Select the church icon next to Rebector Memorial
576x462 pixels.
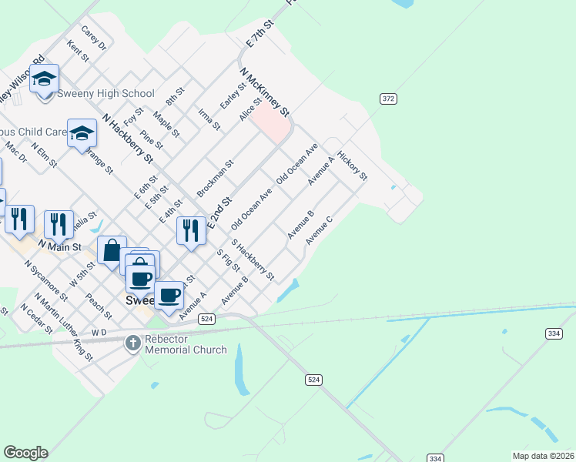tap(133, 342)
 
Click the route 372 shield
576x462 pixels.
tap(388, 99)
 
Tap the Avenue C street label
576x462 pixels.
tap(319, 230)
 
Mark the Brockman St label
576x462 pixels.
tap(215, 177)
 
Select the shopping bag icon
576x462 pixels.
tap(112, 250)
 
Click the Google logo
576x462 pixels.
tap(25, 453)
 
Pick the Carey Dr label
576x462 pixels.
tap(93, 39)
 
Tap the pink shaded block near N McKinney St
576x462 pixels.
tap(272, 121)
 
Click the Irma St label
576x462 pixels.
tap(209, 118)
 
